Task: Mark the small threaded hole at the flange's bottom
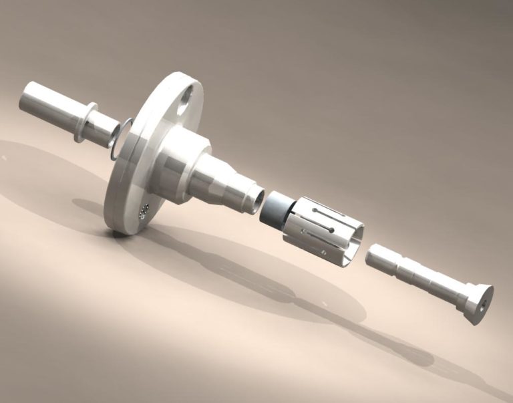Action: (x=143, y=212)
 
